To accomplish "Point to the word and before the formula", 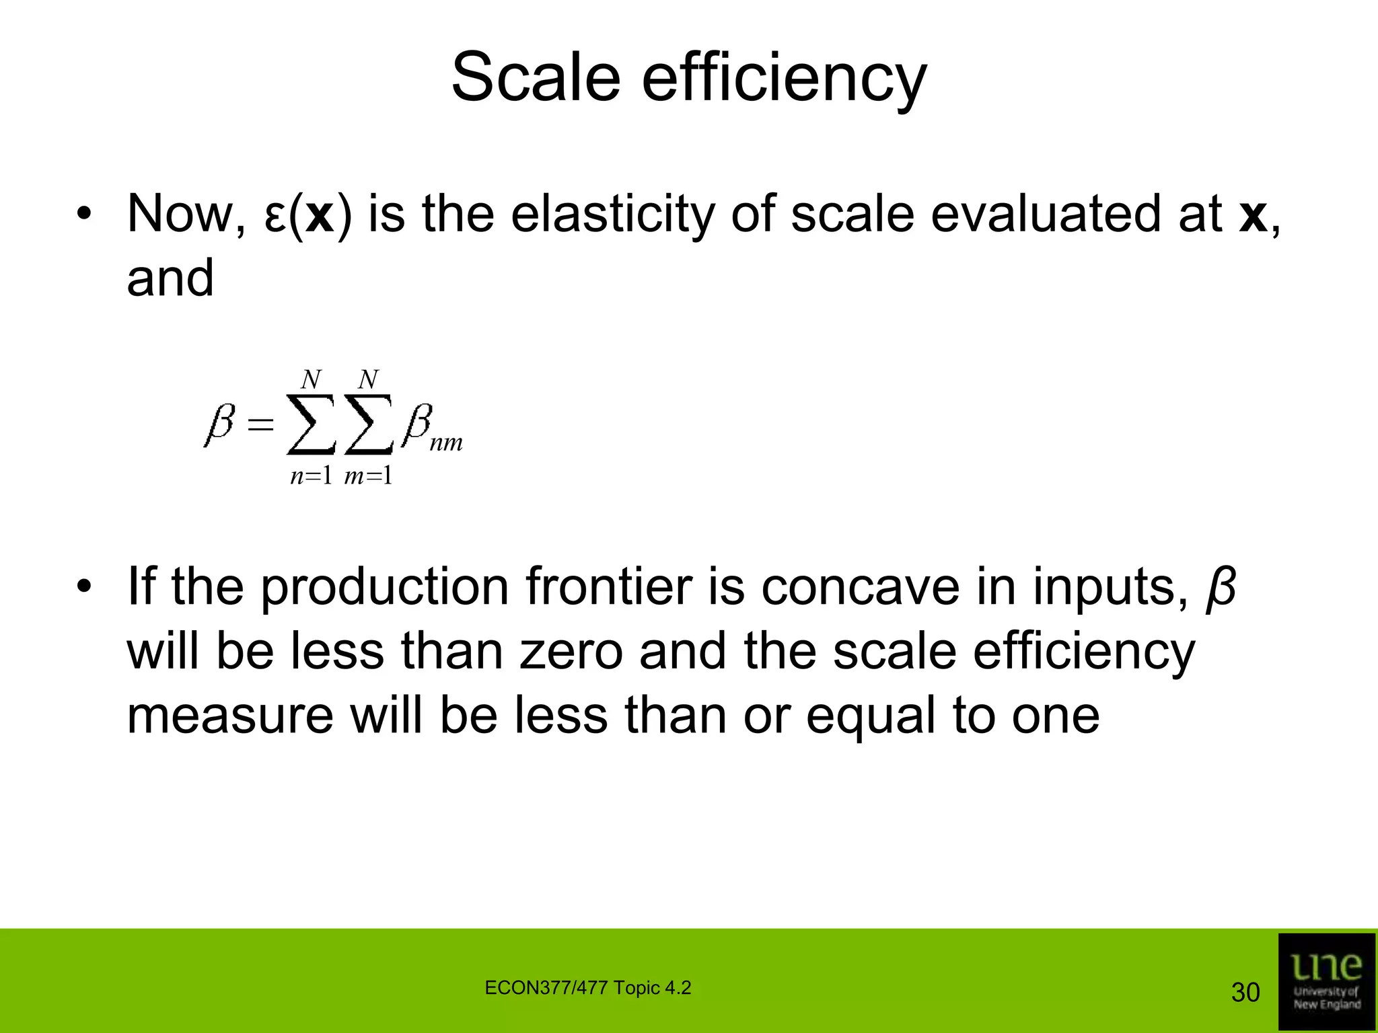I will pyautogui.click(x=170, y=278).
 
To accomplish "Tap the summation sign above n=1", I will pyautogui.click(x=311, y=425).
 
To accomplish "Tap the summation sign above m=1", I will pyautogui.click(x=368, y=425).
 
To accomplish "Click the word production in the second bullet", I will pyautogui.click(x=384, y=588).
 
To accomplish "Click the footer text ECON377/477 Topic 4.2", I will pyautogui.click(x=587, y=988).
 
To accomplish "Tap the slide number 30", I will pyautogui.click(x=1245, y=993).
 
